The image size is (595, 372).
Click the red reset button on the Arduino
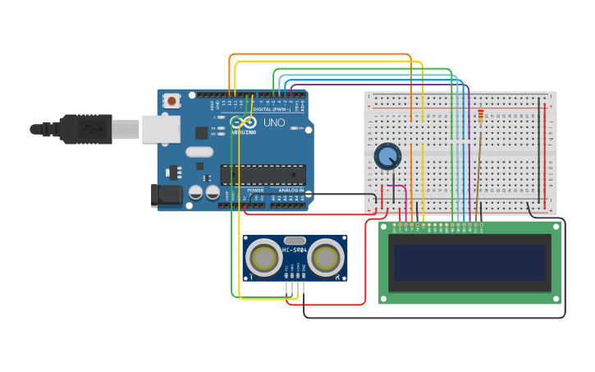pyautogui.click(x=172, y=101)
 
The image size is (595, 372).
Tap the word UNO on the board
pyautogui.click(x=274, y=123)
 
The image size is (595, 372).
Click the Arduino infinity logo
pyautogui.click(x=243, y=123)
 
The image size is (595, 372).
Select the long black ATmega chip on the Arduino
pyautogui.click(x=263, y=174)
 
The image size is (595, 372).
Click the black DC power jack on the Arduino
pyautogui.click(x=167, y=195)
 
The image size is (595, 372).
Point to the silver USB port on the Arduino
pyautogui.click(x=160, y=129)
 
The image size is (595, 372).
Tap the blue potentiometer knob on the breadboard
pyautogui.click(x=387, y=156)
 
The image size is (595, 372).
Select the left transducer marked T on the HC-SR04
pyautogui.click(x=264, y=258)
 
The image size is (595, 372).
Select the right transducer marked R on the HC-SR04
pyautogui.click(x=326, y=258)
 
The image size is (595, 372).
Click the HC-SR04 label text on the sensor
pyautogui.click(x=295, y=250)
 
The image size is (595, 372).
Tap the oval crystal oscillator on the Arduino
pyautogui.click(x=199, y=151)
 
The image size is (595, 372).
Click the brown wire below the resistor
pyautogui.click(x=478, y=164)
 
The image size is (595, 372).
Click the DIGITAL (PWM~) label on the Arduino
pyautogui.click(x=272, y=109)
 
